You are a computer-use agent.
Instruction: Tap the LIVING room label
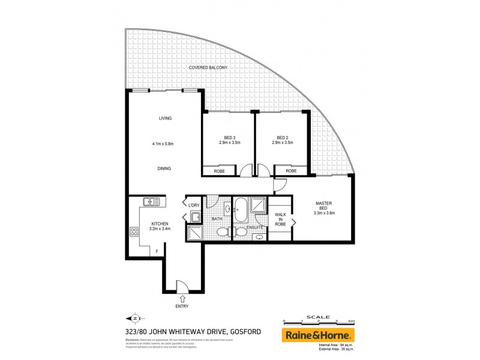pos(165,118)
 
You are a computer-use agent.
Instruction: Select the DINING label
pos(164,169)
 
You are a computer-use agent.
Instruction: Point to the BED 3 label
pos(224,137)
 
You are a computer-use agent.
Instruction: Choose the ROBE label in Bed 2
pos(291,171)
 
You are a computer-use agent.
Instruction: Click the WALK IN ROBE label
pos(280,218)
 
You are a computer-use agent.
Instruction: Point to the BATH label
pos(217,218)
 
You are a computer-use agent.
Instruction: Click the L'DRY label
pos(194,206)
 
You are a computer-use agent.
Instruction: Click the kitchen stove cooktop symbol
pos(134,230)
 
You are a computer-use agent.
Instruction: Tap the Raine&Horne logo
pos(319,335)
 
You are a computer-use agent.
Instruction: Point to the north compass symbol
pos(134,319)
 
